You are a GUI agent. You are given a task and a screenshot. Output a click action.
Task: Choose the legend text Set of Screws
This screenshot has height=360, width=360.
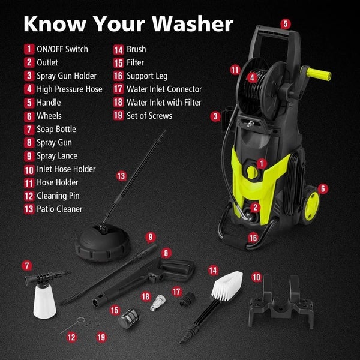(x=149, y=116)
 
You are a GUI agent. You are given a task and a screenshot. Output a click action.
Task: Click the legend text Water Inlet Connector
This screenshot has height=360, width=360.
(x=164, y=89)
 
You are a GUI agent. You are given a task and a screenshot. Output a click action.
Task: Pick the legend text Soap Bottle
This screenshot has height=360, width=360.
(x=56, y=129)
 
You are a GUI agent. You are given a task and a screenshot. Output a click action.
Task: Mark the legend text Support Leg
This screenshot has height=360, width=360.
(x=147, y=76)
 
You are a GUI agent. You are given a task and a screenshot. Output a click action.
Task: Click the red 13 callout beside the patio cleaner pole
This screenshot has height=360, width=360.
(x=121, y=176)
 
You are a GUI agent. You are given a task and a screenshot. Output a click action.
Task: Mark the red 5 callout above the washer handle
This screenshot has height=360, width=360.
(x=286, y=24)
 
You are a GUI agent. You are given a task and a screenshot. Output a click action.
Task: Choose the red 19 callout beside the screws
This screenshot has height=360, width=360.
(x=101, y=337)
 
